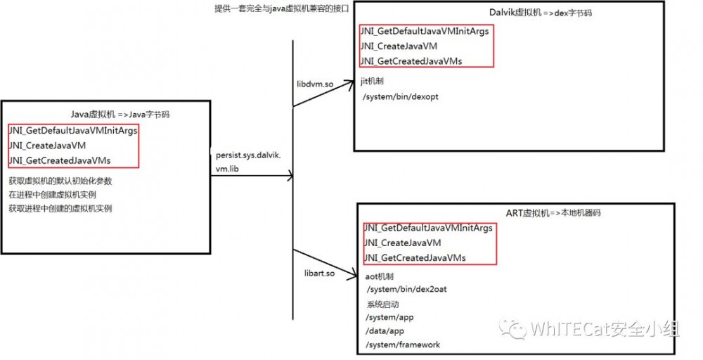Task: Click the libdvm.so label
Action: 314,84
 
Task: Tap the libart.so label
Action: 319,273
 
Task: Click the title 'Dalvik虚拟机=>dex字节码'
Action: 541,13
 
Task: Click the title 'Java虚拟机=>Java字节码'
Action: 120,115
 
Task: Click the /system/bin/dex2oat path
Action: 406,289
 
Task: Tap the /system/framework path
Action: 403,345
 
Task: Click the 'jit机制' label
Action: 372,82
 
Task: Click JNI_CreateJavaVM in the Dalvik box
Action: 399,46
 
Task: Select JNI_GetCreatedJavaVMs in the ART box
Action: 415,258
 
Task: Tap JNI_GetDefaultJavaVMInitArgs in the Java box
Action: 72,131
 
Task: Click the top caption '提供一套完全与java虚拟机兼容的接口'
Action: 282,8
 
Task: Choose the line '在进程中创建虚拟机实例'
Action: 52,195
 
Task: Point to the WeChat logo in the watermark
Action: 513,328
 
